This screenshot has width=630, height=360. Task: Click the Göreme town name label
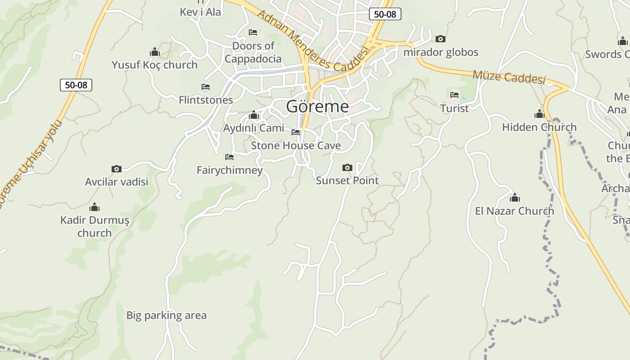317,107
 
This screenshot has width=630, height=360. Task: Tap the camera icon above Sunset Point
347,168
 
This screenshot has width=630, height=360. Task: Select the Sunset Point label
347,180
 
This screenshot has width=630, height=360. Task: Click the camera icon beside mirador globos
441,39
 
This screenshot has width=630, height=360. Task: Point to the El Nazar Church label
514,211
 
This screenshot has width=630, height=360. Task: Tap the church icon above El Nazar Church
514,198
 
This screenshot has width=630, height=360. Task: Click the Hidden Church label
539,127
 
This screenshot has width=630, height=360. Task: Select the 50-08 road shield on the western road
76,85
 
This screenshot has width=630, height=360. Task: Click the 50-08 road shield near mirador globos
385,14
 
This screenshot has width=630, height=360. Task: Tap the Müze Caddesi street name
508,77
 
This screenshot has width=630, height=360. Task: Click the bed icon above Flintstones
206,87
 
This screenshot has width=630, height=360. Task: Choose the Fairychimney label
229,170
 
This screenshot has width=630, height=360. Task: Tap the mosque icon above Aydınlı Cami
254,115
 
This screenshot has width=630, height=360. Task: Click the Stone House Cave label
296,145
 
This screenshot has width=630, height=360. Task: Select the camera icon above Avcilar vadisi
117,169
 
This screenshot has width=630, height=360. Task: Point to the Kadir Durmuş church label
94,226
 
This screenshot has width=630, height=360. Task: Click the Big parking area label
166,315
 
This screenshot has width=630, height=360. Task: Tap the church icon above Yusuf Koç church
155,52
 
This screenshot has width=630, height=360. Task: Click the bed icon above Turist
454,95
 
